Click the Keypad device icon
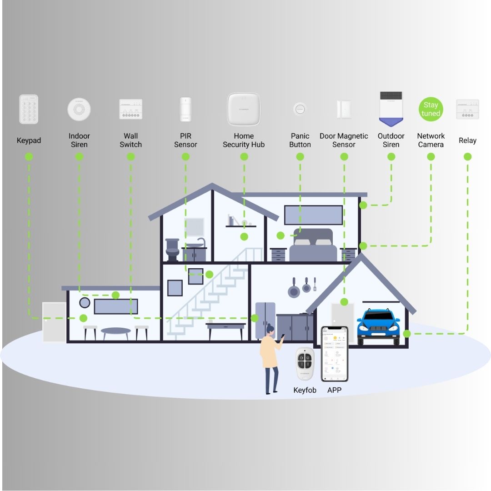coord(29,109)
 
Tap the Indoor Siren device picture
coord(79,109)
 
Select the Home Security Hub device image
coord(244,109)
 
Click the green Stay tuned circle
coord(431,109)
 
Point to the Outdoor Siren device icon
coord(391,109)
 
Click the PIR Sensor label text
coord(185,140)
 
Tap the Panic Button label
coord(300,140)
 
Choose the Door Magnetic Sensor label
coord(344,140)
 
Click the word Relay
coord(467,140)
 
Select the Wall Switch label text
coord(131,140)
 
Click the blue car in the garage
coord(378,325)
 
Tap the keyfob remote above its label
coord(305,364)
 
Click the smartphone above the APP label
coord(334,354)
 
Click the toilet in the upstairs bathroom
coord(172,250)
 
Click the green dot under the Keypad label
coord(29,157)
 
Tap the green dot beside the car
coord(407,334)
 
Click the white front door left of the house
coord(54,321)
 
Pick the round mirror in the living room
coord(85,302)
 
